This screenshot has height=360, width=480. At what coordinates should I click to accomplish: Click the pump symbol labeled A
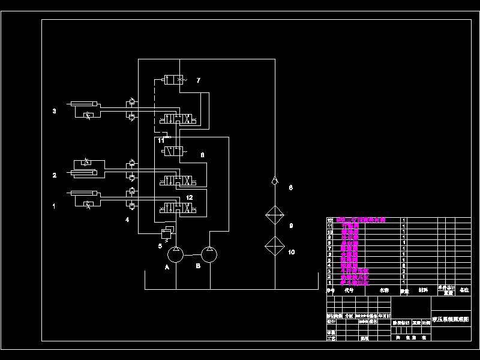coord(176,255)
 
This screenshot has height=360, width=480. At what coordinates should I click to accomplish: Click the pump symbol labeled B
coord(209,255)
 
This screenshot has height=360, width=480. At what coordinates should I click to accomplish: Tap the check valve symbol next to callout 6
coord(274,179)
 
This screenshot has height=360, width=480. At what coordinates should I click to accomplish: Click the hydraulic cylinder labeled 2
coord(87,173)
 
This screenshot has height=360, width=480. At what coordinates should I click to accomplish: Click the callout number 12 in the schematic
coord(189,197)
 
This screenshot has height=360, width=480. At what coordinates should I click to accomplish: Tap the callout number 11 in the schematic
coord(161,140)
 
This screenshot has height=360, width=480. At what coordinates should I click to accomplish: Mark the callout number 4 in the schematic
coord(127,220)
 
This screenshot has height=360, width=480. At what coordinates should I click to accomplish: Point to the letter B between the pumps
coord(197,266)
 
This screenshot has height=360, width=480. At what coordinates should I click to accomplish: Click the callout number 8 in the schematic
coord(202,155)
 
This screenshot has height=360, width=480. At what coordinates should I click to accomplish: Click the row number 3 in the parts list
coord(329,271)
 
